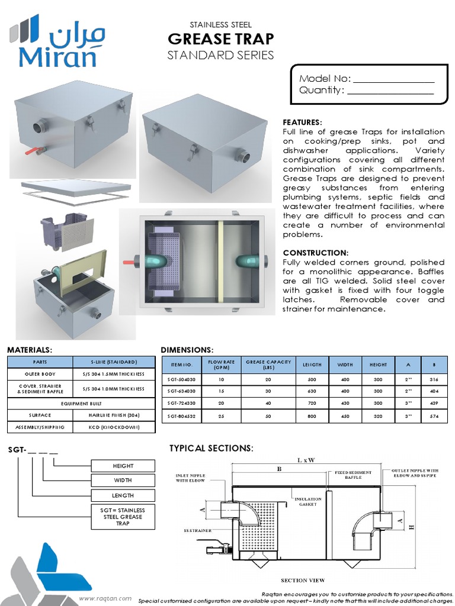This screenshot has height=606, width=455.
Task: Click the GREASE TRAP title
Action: tap(220, 39)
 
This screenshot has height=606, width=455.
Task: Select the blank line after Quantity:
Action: tap(390, 91)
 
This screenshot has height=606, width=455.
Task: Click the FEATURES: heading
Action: tap(302, 122)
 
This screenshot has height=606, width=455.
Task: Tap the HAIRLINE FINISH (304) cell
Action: tap(114, 415)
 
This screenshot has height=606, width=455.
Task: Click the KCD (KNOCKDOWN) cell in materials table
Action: tap(114, 427)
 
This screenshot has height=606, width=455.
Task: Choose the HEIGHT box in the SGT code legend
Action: tap(123, 466)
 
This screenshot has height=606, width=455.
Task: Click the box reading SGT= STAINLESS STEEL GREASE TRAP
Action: tap(123, 516)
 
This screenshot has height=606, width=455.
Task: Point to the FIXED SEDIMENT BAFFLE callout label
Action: tap(353, 475)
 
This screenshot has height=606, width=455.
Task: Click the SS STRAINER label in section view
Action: tap(197, 530)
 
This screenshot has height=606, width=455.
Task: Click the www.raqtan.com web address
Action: tap(105, 598)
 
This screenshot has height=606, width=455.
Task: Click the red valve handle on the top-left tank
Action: tap(30, 151)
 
